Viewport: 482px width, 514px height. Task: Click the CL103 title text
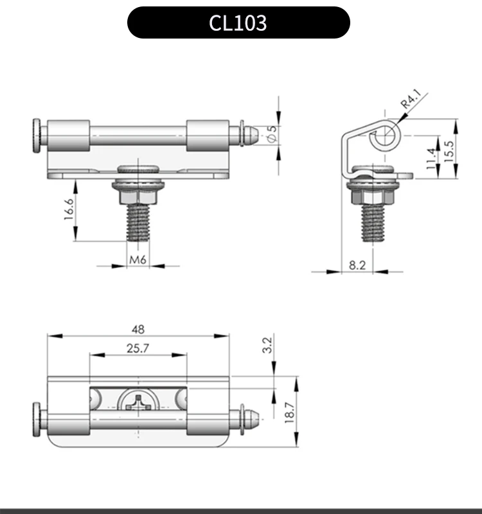238,23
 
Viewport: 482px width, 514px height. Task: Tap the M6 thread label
138,260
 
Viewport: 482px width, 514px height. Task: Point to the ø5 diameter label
271,133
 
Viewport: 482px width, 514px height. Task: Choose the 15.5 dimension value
449,148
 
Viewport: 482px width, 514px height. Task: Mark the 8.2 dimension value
357,264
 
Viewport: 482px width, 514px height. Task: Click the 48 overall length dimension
138,329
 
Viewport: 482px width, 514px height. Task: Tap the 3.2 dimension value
268,345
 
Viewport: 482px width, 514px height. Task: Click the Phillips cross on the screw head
139,405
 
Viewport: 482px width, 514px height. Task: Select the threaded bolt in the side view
373,222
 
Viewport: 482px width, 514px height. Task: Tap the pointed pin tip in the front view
253,134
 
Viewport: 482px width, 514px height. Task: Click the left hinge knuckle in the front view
70,135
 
